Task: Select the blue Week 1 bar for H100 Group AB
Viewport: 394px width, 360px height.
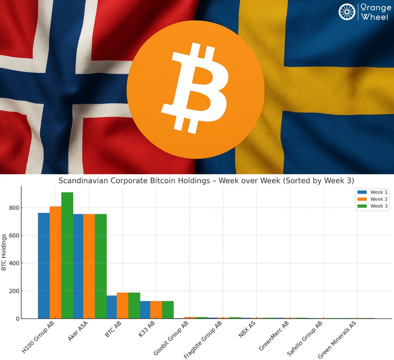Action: (44, 266)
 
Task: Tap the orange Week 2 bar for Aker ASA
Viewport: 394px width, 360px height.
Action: (89, 266)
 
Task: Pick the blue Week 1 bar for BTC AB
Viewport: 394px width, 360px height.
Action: (112, 307)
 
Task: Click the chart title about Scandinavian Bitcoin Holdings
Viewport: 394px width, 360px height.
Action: (206, 181)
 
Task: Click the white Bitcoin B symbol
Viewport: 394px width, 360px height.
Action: (194, 88)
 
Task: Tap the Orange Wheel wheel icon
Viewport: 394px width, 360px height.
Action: (347, 12)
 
